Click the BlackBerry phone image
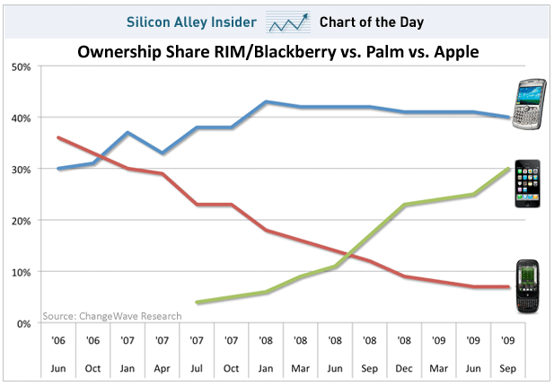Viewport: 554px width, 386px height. tap(529, 104)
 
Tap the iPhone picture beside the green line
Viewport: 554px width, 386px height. tap(527, 183)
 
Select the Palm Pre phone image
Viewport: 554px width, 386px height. tap(527, 286)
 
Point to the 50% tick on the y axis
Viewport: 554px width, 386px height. tap(21, 66)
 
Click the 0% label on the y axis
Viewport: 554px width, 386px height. tap(23, 323)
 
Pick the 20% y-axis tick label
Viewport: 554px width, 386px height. tap(21, 221)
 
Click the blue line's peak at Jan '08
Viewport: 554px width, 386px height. tap(266, 101)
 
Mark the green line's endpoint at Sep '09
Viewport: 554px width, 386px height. tap(508, 169)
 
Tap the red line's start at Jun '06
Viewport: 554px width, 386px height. tap(58, 137)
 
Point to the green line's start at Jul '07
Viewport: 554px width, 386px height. tap(198, 303)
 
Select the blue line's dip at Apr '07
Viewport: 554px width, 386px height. tap(163, 153)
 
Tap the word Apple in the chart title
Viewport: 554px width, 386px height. tap(456, 53)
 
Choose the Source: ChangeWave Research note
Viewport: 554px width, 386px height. tap(112, 316)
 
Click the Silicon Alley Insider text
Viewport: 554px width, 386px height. tap(191, 22)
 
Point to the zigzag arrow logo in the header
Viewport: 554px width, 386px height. tap(288, 22)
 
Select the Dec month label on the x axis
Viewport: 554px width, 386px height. tap(404, 368)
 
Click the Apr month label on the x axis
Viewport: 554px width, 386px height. tap(162, 369)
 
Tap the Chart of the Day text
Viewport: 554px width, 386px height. tap(372, 22)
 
